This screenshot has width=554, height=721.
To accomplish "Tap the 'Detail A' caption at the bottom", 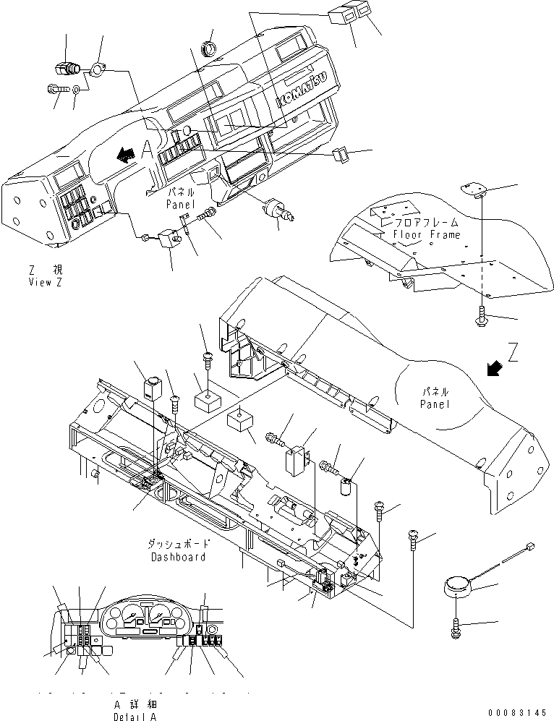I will pos(134,716).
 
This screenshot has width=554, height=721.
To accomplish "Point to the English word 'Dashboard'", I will pos(178,557).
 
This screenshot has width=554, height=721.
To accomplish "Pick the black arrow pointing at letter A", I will pos(126,154).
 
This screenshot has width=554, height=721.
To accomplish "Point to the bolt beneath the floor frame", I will pos(480,315).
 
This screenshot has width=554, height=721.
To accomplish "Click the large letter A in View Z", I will pos(147,150).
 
